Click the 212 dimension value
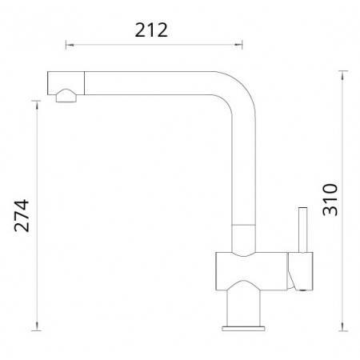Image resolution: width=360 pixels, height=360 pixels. click(151, 30)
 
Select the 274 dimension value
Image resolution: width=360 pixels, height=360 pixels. click(22, 215)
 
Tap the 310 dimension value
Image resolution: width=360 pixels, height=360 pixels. click(330, 199)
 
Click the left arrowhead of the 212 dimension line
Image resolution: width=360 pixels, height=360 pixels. click(70, 45)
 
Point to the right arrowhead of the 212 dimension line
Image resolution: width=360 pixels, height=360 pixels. click(238, 45)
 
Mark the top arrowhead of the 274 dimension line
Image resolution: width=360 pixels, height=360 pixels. click(37, 105)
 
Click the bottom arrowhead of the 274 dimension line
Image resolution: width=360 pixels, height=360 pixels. click(37, 326)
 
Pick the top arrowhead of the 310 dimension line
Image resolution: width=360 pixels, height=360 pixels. click(343, 75)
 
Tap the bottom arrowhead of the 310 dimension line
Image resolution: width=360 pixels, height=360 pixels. click(343, 326)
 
